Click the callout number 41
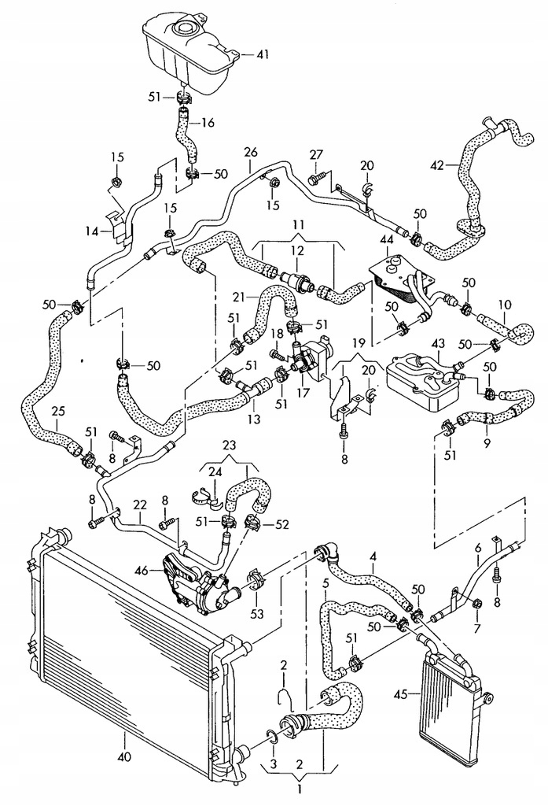pos(262,54)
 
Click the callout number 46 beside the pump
pos(142,570)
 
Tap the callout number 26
pos(251,153)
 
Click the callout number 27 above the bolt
pos(316,155)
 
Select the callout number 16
pos(208,123)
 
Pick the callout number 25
pos(58,411)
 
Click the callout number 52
pos(282,524)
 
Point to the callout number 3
pos(273,764)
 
